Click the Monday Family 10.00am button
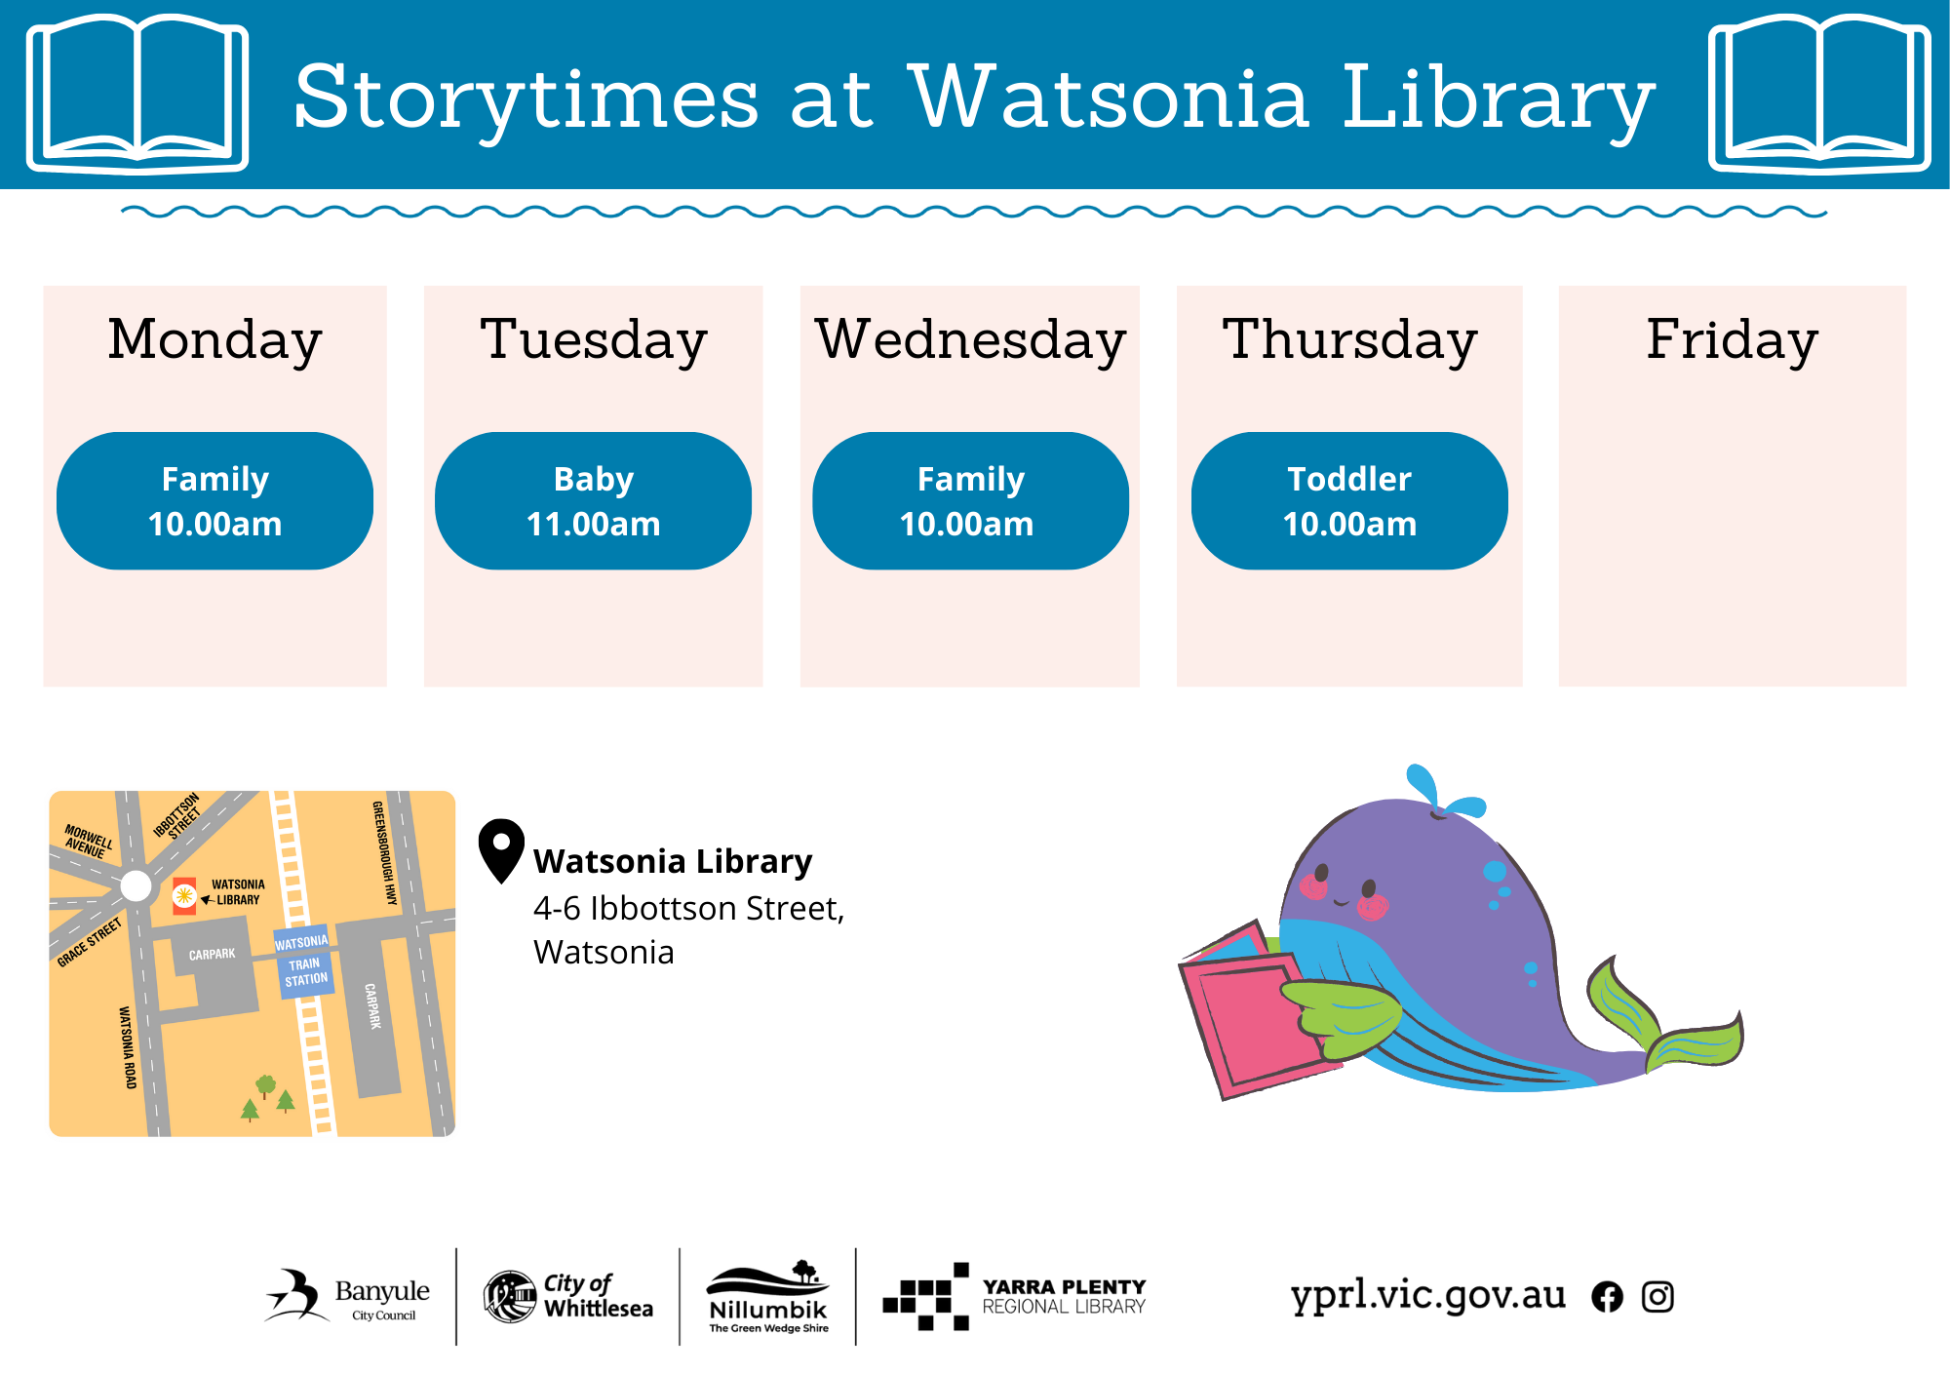214,501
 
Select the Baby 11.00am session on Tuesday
593,501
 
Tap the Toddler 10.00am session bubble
1349,501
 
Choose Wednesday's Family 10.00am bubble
971,501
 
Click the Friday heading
1733,340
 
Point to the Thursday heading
1350,340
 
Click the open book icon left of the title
137,94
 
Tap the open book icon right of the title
1820,94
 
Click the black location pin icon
501,850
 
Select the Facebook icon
1608,1297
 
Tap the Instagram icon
1657,1297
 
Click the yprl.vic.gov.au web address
1428,1295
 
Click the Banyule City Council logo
347,1296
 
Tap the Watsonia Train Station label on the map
304,962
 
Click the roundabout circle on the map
136,886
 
